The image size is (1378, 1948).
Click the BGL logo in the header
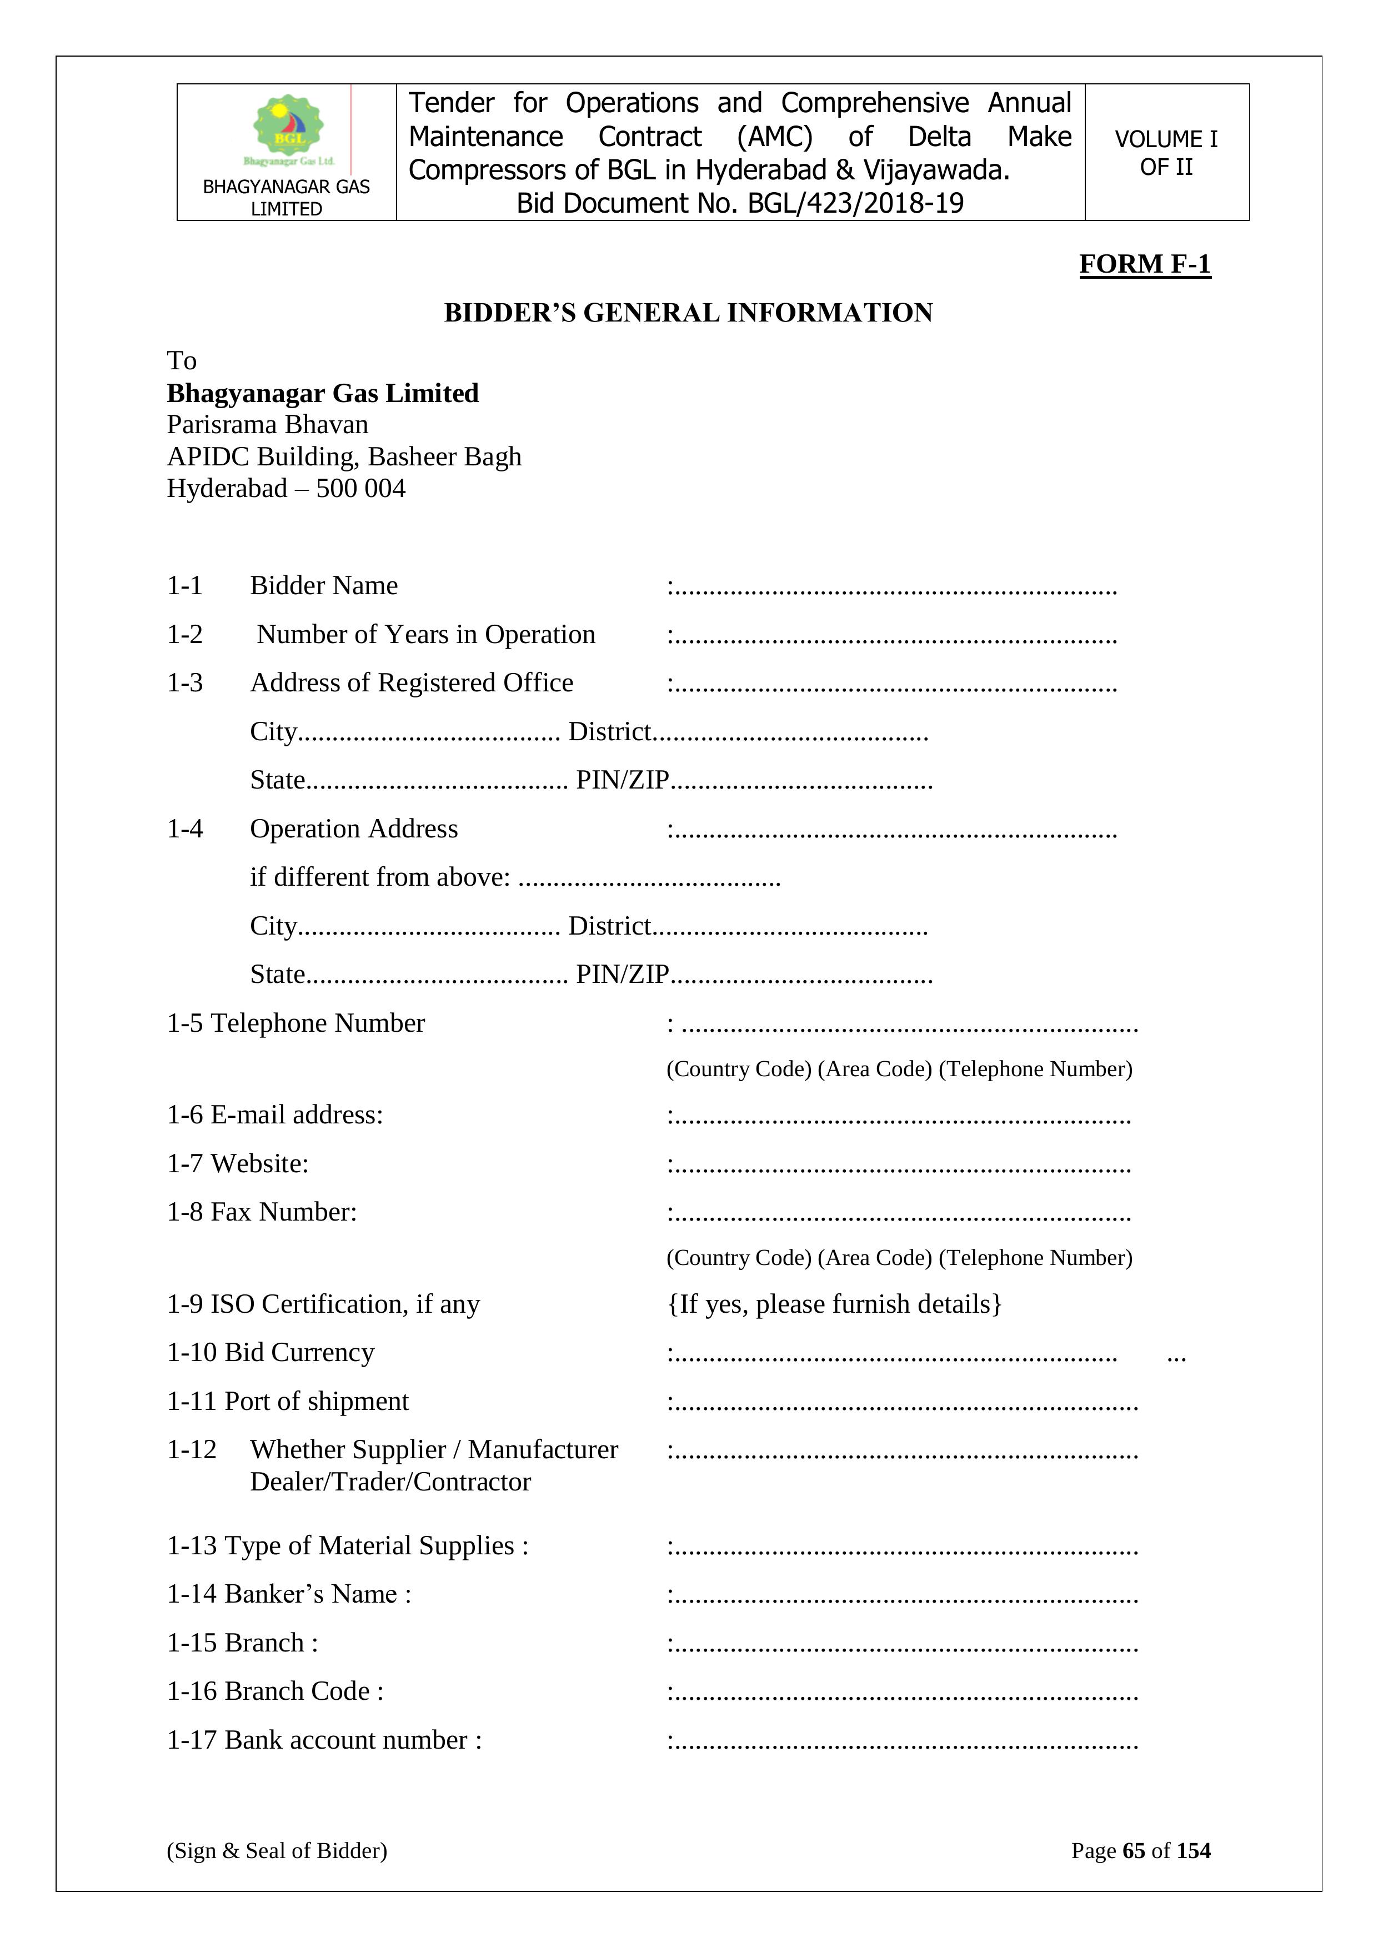pos(288,128)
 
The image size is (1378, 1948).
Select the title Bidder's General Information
pos(688,313)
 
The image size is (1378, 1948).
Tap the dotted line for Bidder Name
pos(895,588)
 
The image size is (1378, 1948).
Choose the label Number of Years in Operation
pos(426,635)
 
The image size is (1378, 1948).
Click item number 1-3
pos(184,683)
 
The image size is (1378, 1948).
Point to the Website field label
pos(259,1164)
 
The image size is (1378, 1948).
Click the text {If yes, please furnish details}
pos(834,1304)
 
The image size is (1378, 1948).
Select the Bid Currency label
pos(299,1352)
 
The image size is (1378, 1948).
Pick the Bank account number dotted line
pos(905,1742)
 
